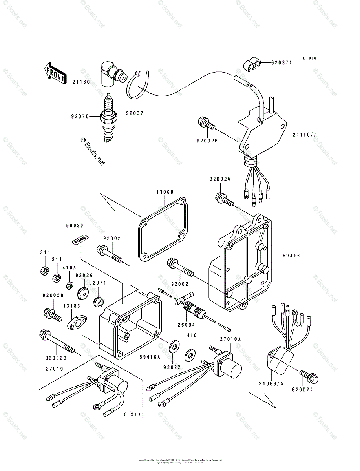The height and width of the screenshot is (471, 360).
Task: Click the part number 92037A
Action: pos(281,62)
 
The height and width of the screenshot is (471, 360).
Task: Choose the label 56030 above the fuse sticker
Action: pos(74,226)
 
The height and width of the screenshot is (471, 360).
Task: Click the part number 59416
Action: pos(292,256)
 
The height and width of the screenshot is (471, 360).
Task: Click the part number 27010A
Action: pos(230,338)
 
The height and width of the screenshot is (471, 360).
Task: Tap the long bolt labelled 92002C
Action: pos(57,341)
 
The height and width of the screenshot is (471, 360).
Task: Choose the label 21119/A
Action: pos(304,134)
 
